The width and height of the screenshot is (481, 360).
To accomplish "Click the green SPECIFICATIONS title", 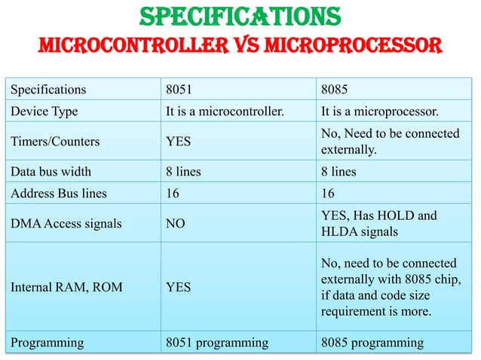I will tap(240, 16).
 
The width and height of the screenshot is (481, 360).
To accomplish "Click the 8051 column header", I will tap(179, 90).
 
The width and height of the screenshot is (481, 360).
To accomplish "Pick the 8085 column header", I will tap(335, 90).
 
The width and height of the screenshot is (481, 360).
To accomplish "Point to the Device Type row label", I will tap(44, 112).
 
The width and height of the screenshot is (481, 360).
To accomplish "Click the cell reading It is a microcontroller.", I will tap(225, 112).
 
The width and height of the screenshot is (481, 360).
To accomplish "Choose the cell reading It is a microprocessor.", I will tap(380, 112).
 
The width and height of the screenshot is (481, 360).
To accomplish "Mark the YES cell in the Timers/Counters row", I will tap(179, 142).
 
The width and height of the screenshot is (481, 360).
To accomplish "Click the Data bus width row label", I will tap(54, 171).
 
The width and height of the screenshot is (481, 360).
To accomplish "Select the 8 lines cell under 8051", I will tap(183, 171).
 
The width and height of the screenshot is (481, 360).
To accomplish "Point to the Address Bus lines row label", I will tap(58, 194).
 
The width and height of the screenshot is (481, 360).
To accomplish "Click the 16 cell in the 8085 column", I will tap(328, 194).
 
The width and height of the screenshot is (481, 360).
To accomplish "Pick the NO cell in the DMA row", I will tap(176, 224).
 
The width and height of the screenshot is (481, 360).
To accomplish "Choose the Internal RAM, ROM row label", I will tap(61, 287).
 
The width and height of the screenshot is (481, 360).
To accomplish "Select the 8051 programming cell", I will tap(217, 343).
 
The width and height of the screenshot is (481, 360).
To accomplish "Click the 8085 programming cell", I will tap(372, 343).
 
